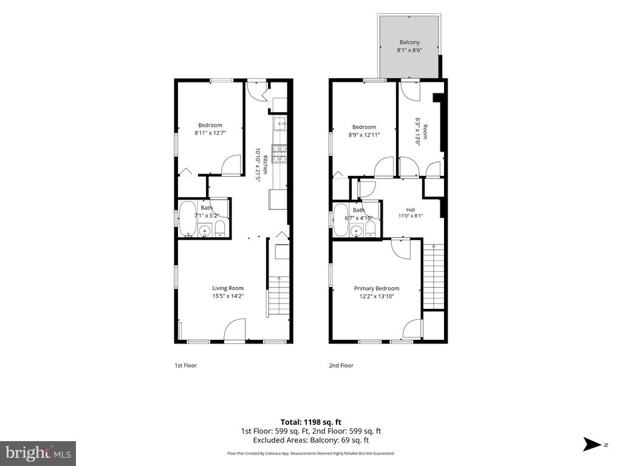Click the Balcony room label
pos(409,42)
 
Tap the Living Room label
pos(228,288)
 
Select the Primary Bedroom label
pos(377,288)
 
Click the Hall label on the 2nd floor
pos(411,209)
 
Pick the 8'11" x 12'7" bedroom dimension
pos(210,133)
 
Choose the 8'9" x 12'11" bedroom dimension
pos(364,135)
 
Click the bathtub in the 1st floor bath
pos(187,219)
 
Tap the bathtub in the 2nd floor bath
pos(341,220)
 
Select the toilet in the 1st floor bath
pos(220,229)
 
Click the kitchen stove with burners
pos(279,155)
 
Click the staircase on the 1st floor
pos(279,296)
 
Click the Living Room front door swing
pos(235,329)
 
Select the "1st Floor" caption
pos(186,365)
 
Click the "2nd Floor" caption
pos(341,365)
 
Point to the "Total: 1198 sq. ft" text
pos(311,422)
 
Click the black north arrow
pos(592,444)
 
